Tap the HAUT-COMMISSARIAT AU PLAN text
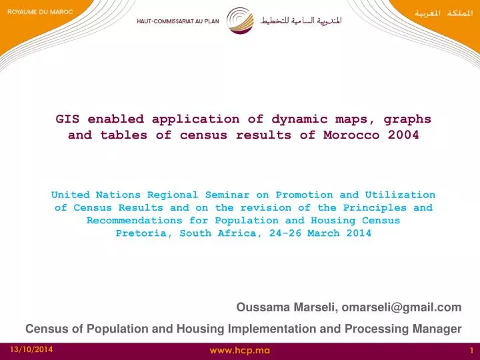[177, 21]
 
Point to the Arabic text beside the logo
[301, 20]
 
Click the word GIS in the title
[67, 119]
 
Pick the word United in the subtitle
[71, 195]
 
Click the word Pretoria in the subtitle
[140, 233]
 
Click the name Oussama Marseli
[287, 307]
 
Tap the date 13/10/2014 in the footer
[31, 350]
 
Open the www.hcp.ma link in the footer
[240, 350]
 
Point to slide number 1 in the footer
[471, 350]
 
